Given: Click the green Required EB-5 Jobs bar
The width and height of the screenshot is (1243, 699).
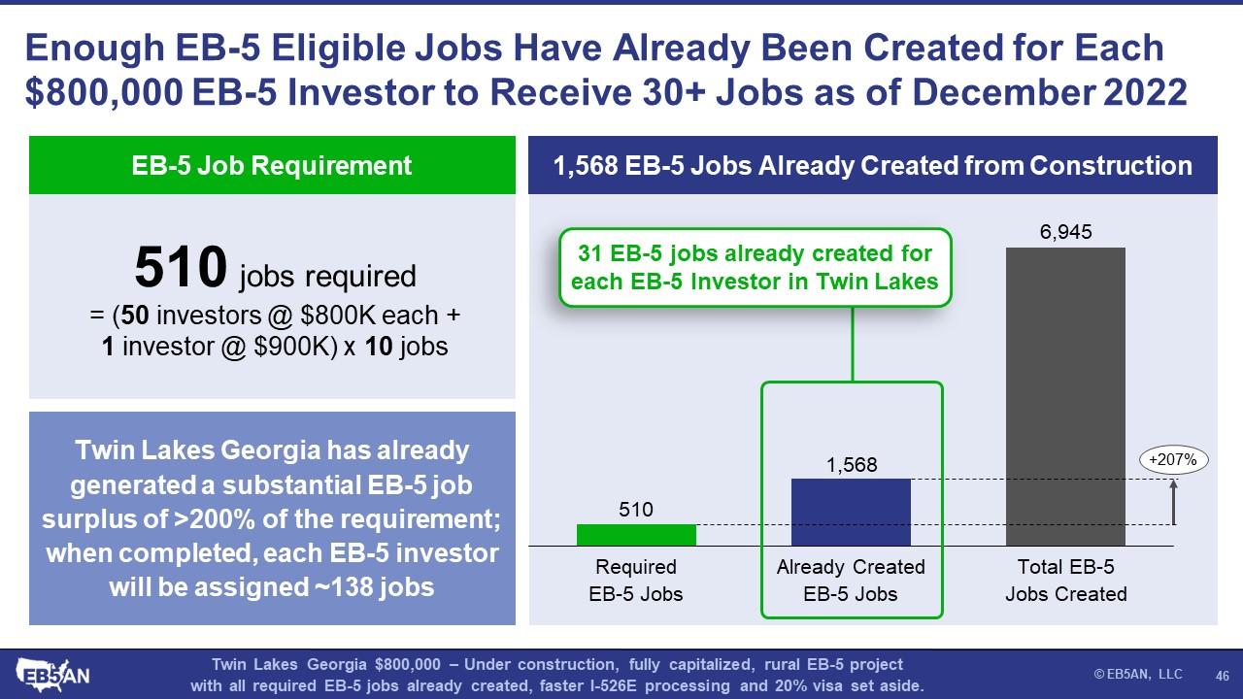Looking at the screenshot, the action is pos(636,535).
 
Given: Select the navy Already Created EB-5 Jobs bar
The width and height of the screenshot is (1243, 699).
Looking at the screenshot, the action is pos(851,512).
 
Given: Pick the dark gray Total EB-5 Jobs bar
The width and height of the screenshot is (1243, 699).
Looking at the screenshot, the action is pos(1065,397).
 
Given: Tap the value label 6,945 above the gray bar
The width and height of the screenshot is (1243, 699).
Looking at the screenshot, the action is pos(1065,231).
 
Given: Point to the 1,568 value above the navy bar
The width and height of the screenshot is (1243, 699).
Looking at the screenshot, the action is pos(852,464).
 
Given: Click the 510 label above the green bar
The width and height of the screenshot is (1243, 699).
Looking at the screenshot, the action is pos(636,510).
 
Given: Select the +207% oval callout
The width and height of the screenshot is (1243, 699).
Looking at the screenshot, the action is pos(1173,460).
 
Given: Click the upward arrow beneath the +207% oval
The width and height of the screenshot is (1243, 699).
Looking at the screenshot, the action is pos(1173,502).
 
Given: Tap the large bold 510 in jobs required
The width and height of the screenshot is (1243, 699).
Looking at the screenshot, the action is pos(181,267).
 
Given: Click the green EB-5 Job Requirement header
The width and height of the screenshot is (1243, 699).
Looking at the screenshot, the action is pos(272,165).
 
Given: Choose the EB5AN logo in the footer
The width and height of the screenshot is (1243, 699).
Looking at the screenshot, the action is pos(52,675).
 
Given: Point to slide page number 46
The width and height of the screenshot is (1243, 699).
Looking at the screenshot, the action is pos(1222,675).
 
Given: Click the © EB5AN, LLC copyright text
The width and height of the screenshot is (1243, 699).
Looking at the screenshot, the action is pos(1137,674).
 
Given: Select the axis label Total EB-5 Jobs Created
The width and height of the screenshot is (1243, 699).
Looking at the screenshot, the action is pos(1066,581).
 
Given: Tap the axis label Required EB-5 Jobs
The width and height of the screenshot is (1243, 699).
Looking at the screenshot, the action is pos(636,581).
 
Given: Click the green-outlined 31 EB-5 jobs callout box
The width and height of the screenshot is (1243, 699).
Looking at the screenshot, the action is pos(756,267).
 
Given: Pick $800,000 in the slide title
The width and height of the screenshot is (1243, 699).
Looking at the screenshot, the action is pos(104,92).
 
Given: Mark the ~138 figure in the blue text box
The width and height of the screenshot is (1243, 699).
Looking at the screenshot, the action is pos(343,587).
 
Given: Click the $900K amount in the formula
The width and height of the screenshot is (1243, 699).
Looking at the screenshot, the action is pos(295,347).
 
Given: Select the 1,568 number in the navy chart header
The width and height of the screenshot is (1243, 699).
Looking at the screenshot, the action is pos(586,165).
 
